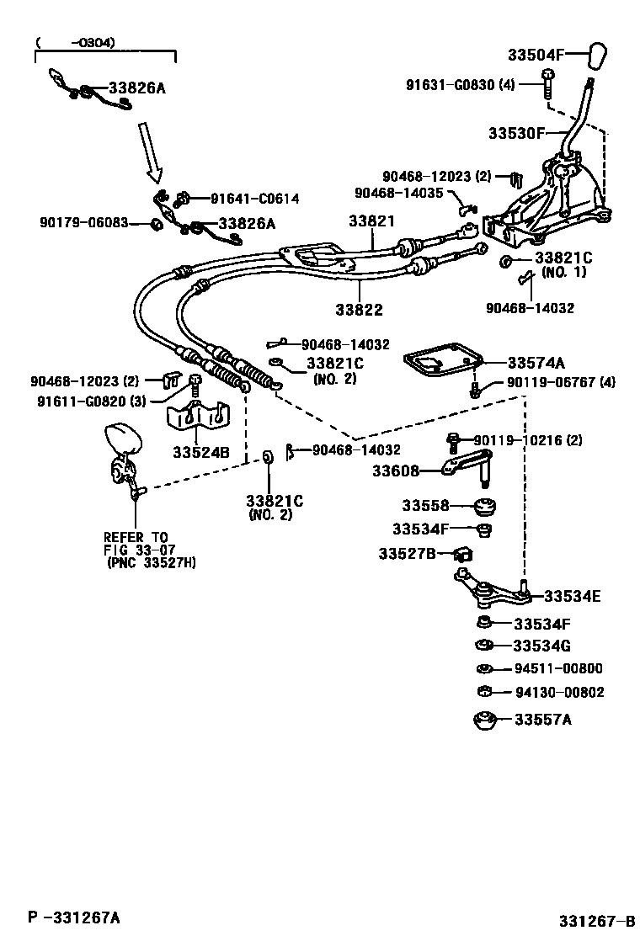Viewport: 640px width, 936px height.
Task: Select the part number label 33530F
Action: [517, 133]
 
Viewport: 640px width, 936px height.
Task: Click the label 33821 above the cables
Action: [371, 221]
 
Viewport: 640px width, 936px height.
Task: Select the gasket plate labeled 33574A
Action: [442, 363]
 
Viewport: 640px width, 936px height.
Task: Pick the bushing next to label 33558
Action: [484, 508]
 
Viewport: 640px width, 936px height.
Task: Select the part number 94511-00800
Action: [558, 669]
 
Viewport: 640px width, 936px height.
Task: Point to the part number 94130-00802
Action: [558, 693]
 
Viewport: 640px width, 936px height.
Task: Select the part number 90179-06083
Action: [83, 222]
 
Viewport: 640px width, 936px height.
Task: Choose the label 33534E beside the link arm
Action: [572, 597]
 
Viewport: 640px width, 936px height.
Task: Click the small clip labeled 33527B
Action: [464, 555]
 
